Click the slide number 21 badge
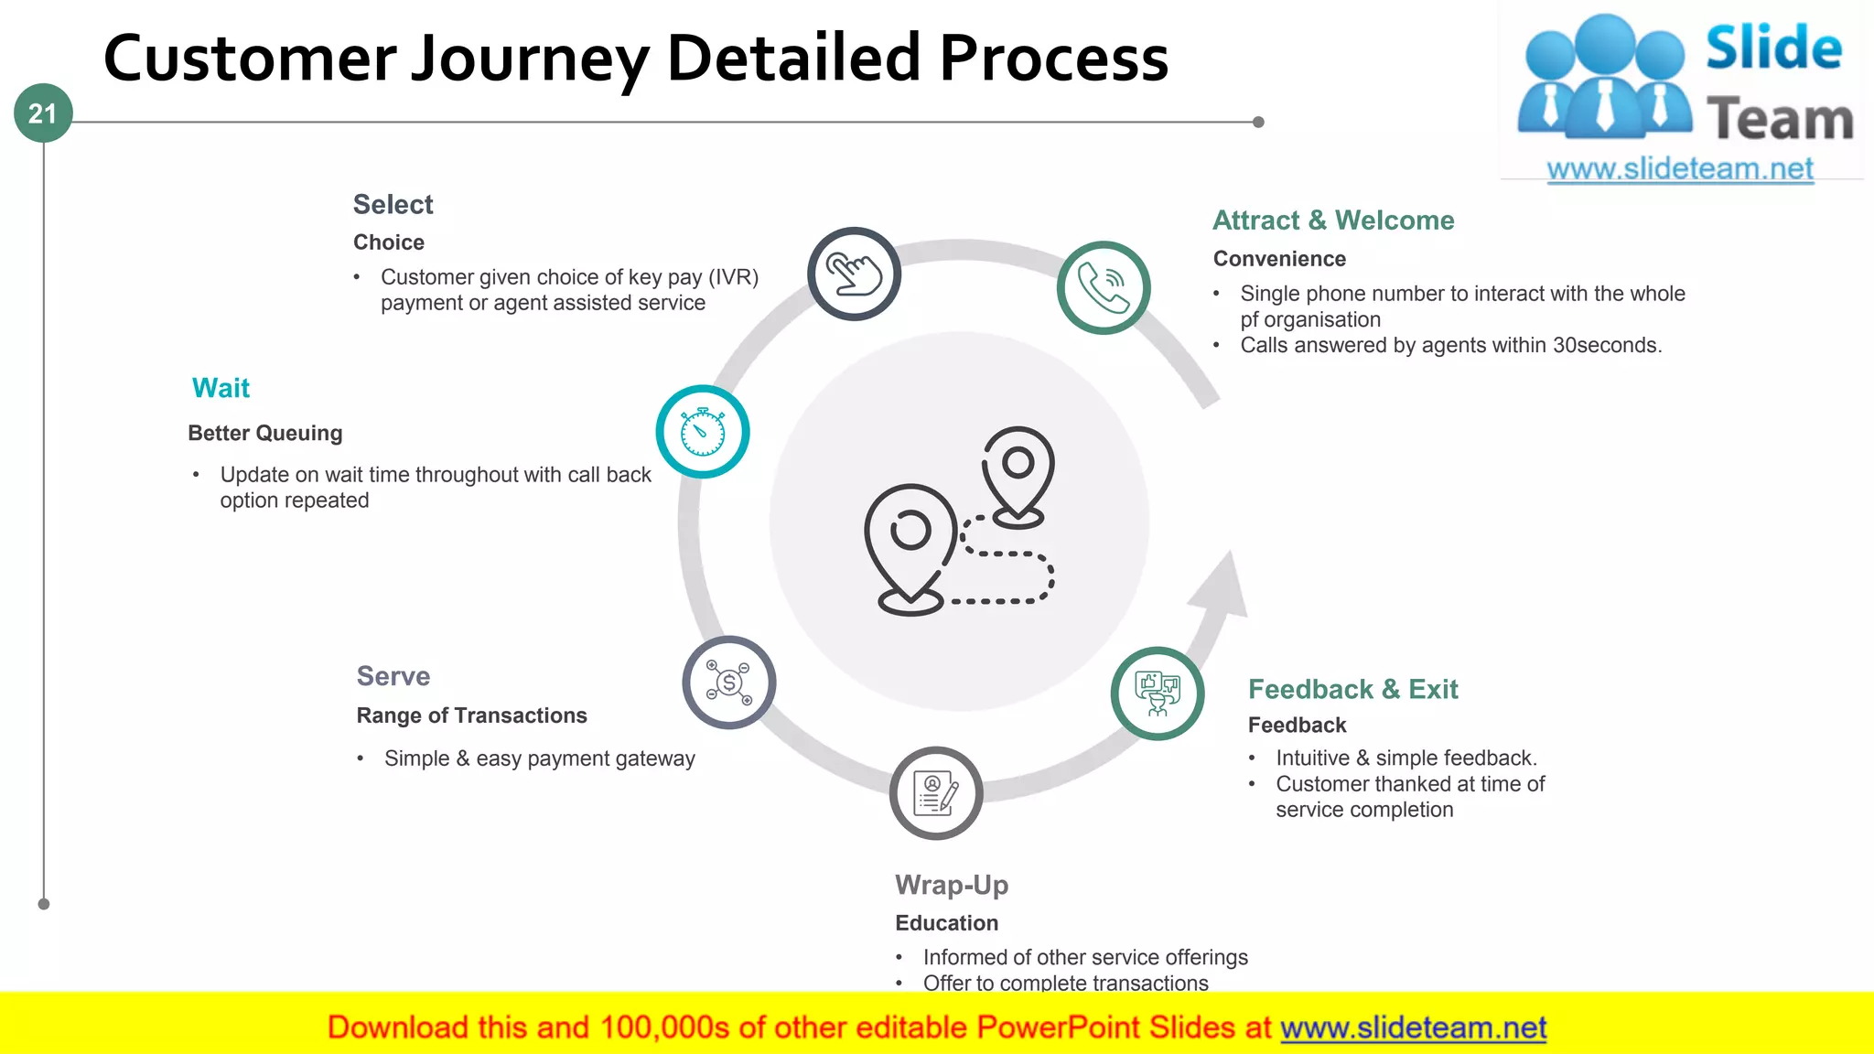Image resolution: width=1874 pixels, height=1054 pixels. [x=43, y=113]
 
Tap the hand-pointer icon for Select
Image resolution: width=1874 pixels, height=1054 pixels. [x=854, y=274]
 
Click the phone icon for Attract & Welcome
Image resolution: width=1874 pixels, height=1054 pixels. [x=1104, y=287]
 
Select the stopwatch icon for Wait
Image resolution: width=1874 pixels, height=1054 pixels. [x=703, y=432]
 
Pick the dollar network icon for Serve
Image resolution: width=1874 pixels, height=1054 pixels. [x=729, y=683]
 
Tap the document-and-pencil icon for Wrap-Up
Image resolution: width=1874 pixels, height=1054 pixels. [x=936, y=793]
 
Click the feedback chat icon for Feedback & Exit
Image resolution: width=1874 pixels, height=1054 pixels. [x=1158, y=694]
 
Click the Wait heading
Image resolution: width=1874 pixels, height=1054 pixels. [x=221, y=388]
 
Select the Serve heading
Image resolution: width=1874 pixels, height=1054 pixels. [x=393, y=676]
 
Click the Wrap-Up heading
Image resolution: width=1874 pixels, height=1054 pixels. [x=952, y=885]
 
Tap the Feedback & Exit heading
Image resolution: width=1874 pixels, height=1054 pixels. [x=1352, y=689]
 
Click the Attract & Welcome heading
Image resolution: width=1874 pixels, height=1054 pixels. [x=1333, y=220]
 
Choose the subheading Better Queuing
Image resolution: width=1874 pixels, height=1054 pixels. [x=265, y=433]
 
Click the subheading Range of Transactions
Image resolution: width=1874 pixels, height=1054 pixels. [x=471, y=715]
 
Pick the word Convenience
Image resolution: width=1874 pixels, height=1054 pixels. [x=1279, y=259]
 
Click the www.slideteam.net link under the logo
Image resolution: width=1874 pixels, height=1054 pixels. [x=1680, y=169]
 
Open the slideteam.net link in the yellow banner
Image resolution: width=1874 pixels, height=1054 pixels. [x=1413, y=1027]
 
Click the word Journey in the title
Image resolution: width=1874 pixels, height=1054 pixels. [x=530, y=58]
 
